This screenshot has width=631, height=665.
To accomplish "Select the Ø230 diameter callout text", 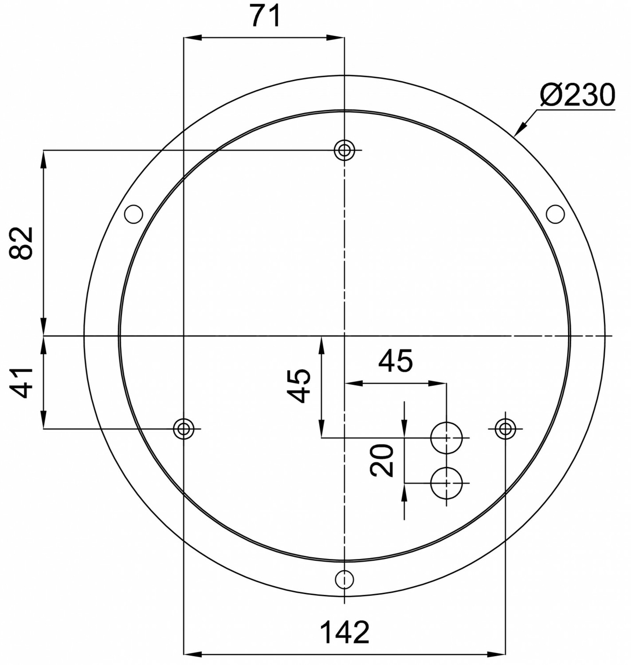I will [x=577, y=95].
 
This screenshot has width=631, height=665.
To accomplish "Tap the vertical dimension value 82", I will [x=21, y=243].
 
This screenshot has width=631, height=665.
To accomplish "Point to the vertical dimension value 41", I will [x=21, y=383].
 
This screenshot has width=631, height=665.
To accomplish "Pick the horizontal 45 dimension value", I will [x=396, y=362].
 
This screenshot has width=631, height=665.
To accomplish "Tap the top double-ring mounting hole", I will [x=344, y=150].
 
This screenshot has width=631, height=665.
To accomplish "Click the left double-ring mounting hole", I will [x=183, y=429].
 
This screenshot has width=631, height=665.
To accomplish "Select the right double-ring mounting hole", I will [x=505, y=429].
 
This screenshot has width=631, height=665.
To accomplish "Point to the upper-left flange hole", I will [x=133, y=214].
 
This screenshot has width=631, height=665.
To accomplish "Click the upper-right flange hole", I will [x=555, y=214].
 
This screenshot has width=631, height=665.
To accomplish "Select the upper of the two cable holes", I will [x=446, y=438].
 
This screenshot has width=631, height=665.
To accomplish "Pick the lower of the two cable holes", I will [x=446, y=483].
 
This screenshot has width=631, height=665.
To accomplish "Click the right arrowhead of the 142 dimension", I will [x=498, y=654].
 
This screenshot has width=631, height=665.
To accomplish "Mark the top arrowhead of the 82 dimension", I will [x=43, y=158].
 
